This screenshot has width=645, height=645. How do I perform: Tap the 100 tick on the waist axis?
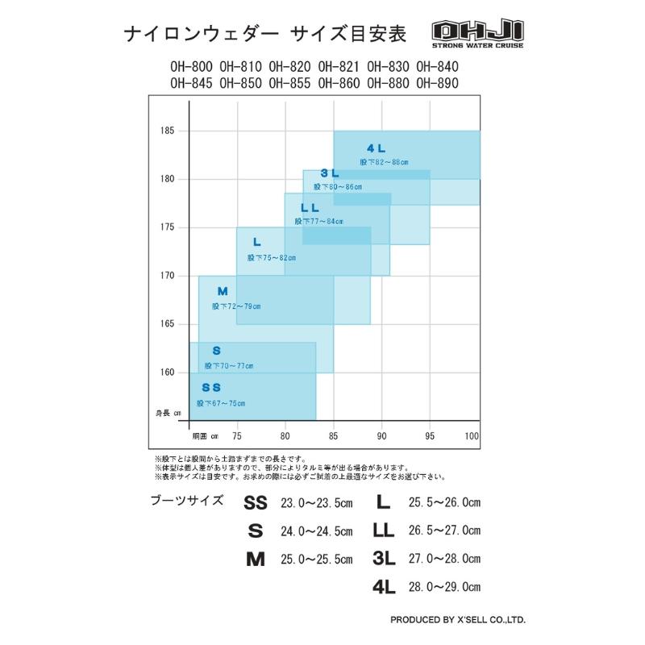[472, 436]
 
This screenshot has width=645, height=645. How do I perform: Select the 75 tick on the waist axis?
[237, 436]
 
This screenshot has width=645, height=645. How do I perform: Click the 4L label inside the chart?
[377, 149]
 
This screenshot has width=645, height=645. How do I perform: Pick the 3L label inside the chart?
[329, 173]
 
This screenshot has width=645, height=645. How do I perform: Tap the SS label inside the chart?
[211, 388]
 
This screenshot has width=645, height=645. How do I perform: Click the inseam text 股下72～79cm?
[236, 306]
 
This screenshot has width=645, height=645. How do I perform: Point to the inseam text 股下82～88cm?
[385, 162]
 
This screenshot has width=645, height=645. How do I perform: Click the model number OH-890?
[438, 82]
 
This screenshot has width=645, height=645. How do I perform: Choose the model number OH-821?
[339, 67]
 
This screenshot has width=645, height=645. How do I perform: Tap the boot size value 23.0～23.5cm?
[316, 503]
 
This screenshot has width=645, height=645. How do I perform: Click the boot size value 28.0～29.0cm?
[443, 587]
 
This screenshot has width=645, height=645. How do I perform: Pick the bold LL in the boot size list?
[383, 531]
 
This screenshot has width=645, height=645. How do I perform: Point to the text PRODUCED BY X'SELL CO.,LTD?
[457, 621]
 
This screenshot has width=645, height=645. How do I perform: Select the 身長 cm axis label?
[169, 413]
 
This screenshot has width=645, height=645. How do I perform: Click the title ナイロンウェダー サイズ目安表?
[265, 34]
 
